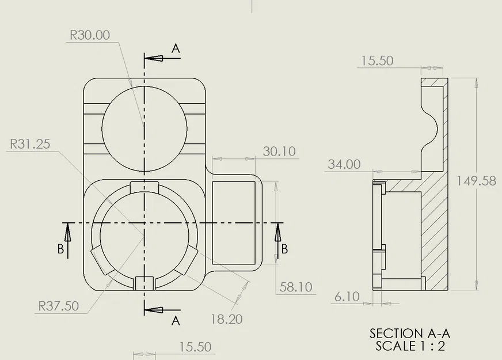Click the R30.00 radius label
[89, 35]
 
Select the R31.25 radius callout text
[29, 144]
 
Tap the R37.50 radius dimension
[58, 306]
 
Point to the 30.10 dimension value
[279, 151]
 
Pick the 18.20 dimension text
[226, 319]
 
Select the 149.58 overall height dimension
[476, 181]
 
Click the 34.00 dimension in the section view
[344, 165]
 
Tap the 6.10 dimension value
[347, 297]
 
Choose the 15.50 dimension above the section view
[378, 60]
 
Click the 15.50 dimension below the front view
[195, 347]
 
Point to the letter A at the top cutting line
[176, 49]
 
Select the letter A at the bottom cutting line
[176, 321]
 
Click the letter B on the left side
[60, 249]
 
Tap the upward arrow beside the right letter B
[277, 233]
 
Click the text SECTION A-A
[409, 334]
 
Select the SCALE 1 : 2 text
[410, 346]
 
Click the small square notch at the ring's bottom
[144, 283]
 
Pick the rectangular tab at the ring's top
[144, 187]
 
